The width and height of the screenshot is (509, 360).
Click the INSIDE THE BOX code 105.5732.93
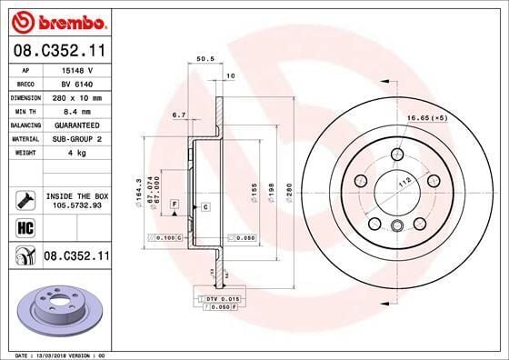pyautogui.click(x=77, y=205)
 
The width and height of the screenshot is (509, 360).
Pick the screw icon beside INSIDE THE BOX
pyautogui.click(x=25, y=199)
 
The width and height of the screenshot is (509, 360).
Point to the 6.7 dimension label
pyautogui.click(x=178, y=115)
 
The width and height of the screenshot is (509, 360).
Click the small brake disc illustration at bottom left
pyautogui.click(x=63, y=314)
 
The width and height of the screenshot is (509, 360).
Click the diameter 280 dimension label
pyautogui.click(x=288, y=192)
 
